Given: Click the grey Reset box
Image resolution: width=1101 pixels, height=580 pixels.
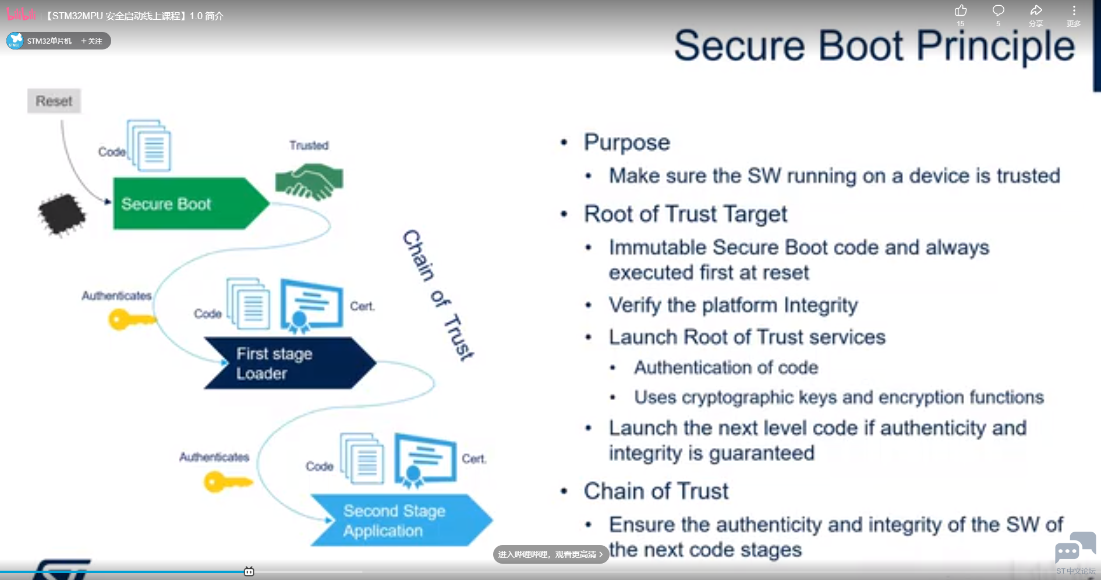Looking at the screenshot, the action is pos(54,101).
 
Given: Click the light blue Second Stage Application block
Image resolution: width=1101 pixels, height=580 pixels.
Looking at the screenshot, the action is pos(401,520).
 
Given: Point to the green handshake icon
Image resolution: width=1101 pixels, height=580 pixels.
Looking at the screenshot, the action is pos(309,181).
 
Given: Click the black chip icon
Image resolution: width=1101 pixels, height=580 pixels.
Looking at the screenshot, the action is pos(62,214).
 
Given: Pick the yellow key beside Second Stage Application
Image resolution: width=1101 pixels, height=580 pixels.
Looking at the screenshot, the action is pos(228,482).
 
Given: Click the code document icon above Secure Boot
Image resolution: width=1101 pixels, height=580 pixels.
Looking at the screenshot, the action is pos(149,146).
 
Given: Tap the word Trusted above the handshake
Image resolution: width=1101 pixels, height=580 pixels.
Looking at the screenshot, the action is pos(309,146).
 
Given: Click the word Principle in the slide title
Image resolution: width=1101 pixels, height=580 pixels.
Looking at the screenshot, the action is pos(996,47).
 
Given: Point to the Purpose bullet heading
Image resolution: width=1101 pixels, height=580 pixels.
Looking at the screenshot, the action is pos(627,143).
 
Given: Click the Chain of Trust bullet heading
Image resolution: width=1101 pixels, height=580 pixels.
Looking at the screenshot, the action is pos(656,491).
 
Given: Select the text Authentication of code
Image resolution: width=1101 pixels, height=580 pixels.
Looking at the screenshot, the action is pos(726,367).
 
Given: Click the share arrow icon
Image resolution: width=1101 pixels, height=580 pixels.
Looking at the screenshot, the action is pos(1036,10).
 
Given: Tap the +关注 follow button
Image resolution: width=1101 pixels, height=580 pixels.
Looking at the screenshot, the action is pos(91,41).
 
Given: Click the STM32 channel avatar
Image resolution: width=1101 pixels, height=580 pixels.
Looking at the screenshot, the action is pos(15,41).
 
